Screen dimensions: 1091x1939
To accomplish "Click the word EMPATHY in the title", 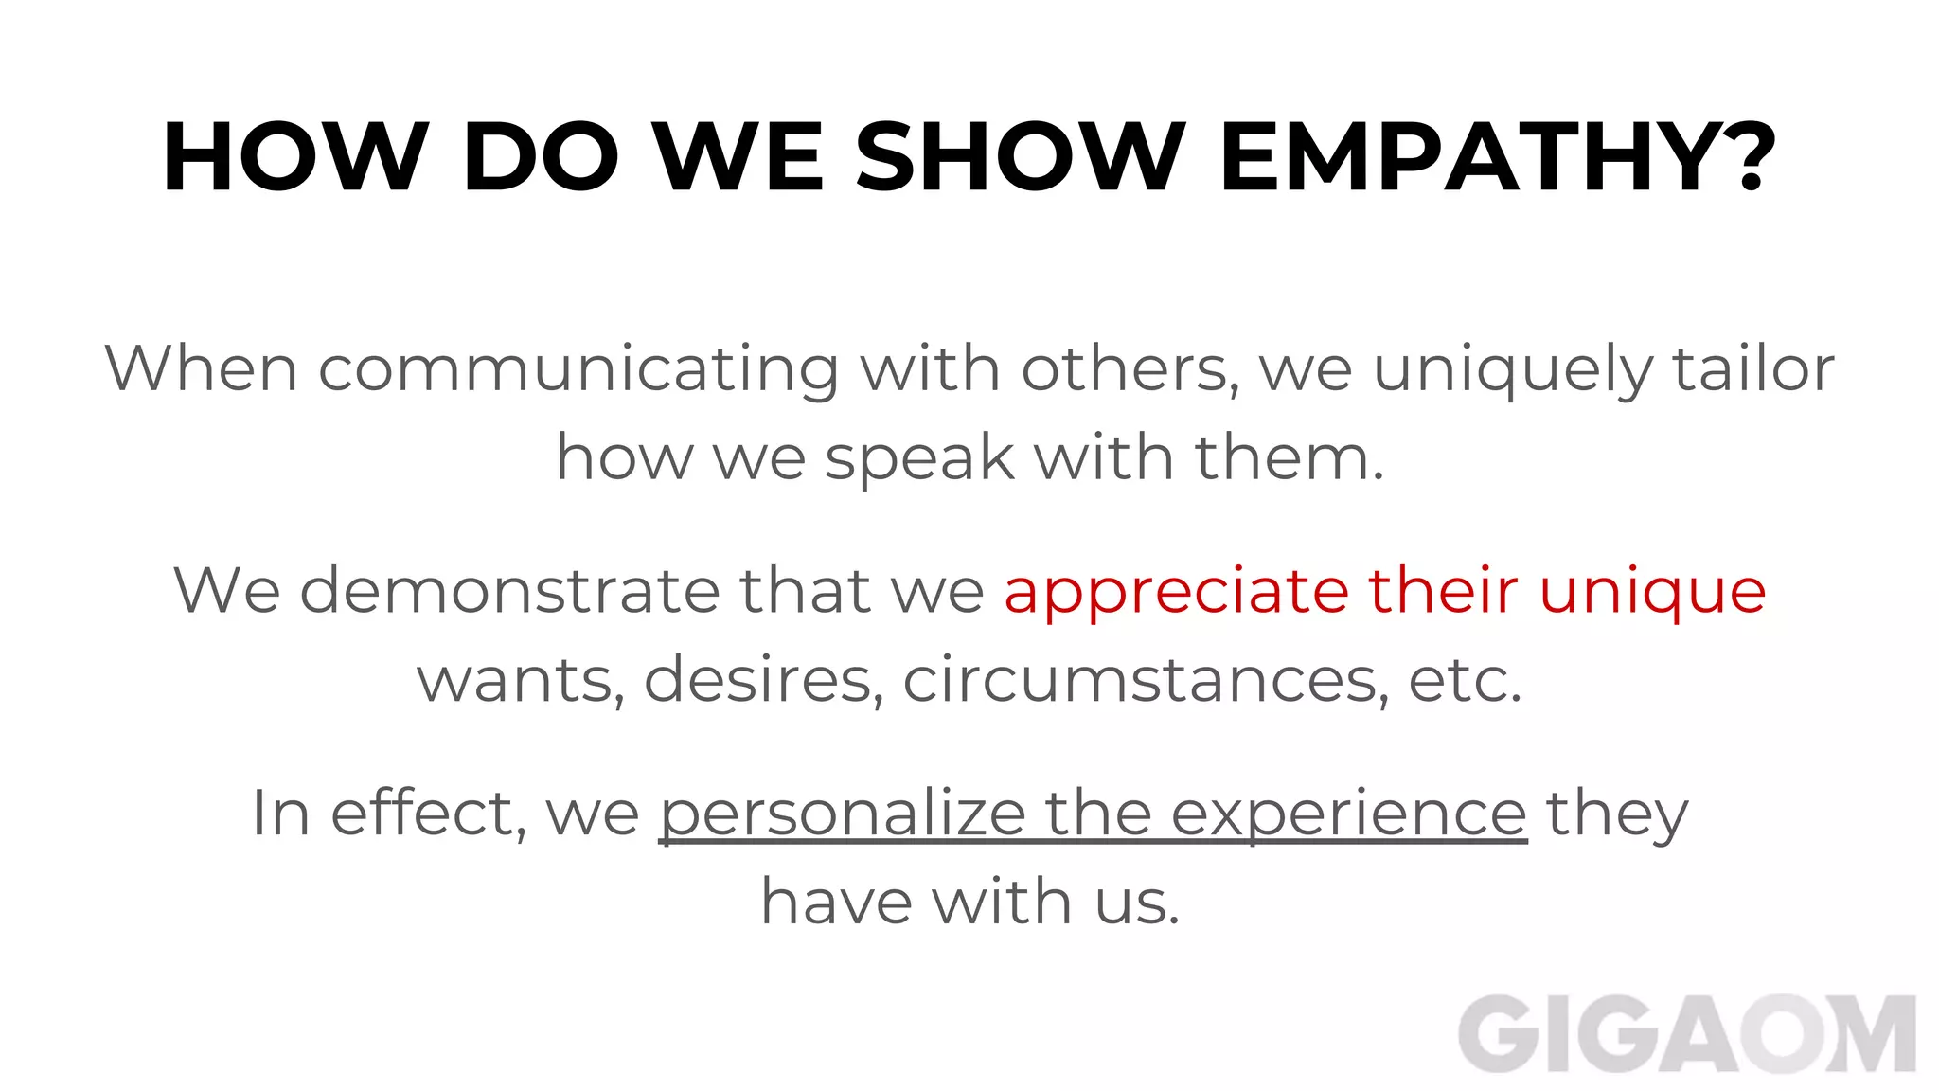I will coord(1478,158).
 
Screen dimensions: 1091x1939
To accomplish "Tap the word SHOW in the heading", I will coord(1020,158).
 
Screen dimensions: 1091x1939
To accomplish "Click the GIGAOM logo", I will coord(1686,1035).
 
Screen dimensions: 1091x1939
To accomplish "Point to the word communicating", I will coord(578,369).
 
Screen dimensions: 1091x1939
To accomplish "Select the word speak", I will coord(919,459).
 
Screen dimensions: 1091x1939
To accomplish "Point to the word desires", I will coord(763,680).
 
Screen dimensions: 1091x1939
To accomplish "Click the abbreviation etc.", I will coord(1465,680).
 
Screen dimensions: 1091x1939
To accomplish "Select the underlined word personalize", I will coord(843,814).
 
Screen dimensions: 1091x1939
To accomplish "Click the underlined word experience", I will coord(1348,815).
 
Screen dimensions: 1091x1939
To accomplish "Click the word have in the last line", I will coord(836,902).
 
